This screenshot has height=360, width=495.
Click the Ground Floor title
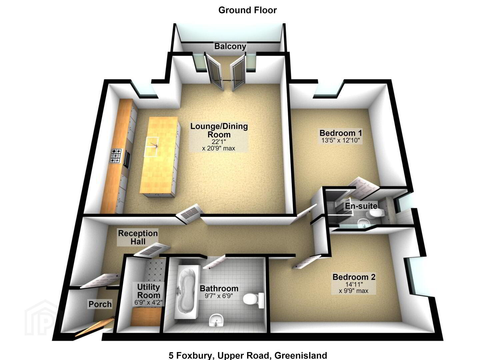click(247, 10)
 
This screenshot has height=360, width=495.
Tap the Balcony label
click(230, 46)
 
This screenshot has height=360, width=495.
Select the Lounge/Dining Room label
click(219, 130)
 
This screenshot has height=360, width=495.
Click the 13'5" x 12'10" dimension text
click(341, 140)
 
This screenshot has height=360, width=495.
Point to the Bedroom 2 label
click(354, 277)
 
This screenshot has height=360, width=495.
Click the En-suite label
click(361, 206)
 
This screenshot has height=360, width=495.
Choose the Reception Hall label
click(138, 237)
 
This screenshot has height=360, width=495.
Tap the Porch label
click(100, 304)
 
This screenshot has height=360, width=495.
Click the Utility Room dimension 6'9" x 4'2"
click(148, 302)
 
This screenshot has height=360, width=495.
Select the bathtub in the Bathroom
click(186, 292)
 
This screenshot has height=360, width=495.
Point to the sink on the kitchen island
click(152, 147)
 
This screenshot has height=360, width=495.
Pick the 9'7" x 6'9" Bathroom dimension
click(219, 296)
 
